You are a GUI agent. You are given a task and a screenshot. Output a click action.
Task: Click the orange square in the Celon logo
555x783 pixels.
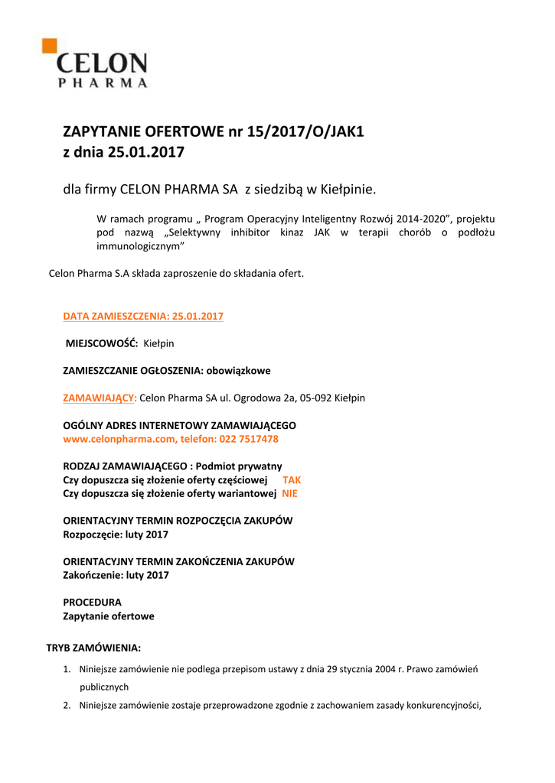click(x=49, y=45)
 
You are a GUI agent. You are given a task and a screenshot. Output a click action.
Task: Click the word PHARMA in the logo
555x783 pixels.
click(x=103, y=83)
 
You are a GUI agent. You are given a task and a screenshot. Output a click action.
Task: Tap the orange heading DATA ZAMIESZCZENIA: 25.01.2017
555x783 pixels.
click(x=142, y=316)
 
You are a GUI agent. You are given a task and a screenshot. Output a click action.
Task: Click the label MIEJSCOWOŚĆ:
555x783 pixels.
click(x=101, y=343)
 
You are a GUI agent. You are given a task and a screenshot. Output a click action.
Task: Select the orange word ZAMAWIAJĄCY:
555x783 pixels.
click(x=100, y=398)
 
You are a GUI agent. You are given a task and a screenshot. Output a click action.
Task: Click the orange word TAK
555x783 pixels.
click(x=292, y=479)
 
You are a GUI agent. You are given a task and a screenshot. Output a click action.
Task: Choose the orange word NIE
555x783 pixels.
click(x=289, y=493)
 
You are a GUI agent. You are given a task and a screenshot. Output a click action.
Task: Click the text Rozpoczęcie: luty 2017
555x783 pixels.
click(x=115, y=534)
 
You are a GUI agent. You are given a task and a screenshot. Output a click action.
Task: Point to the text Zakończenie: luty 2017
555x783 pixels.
click(x=116, y=575)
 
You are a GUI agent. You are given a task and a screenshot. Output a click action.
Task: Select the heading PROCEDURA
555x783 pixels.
click(x=92, y=602)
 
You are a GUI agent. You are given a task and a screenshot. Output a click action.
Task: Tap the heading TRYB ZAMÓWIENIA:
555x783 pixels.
click(x=93, y=648)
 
